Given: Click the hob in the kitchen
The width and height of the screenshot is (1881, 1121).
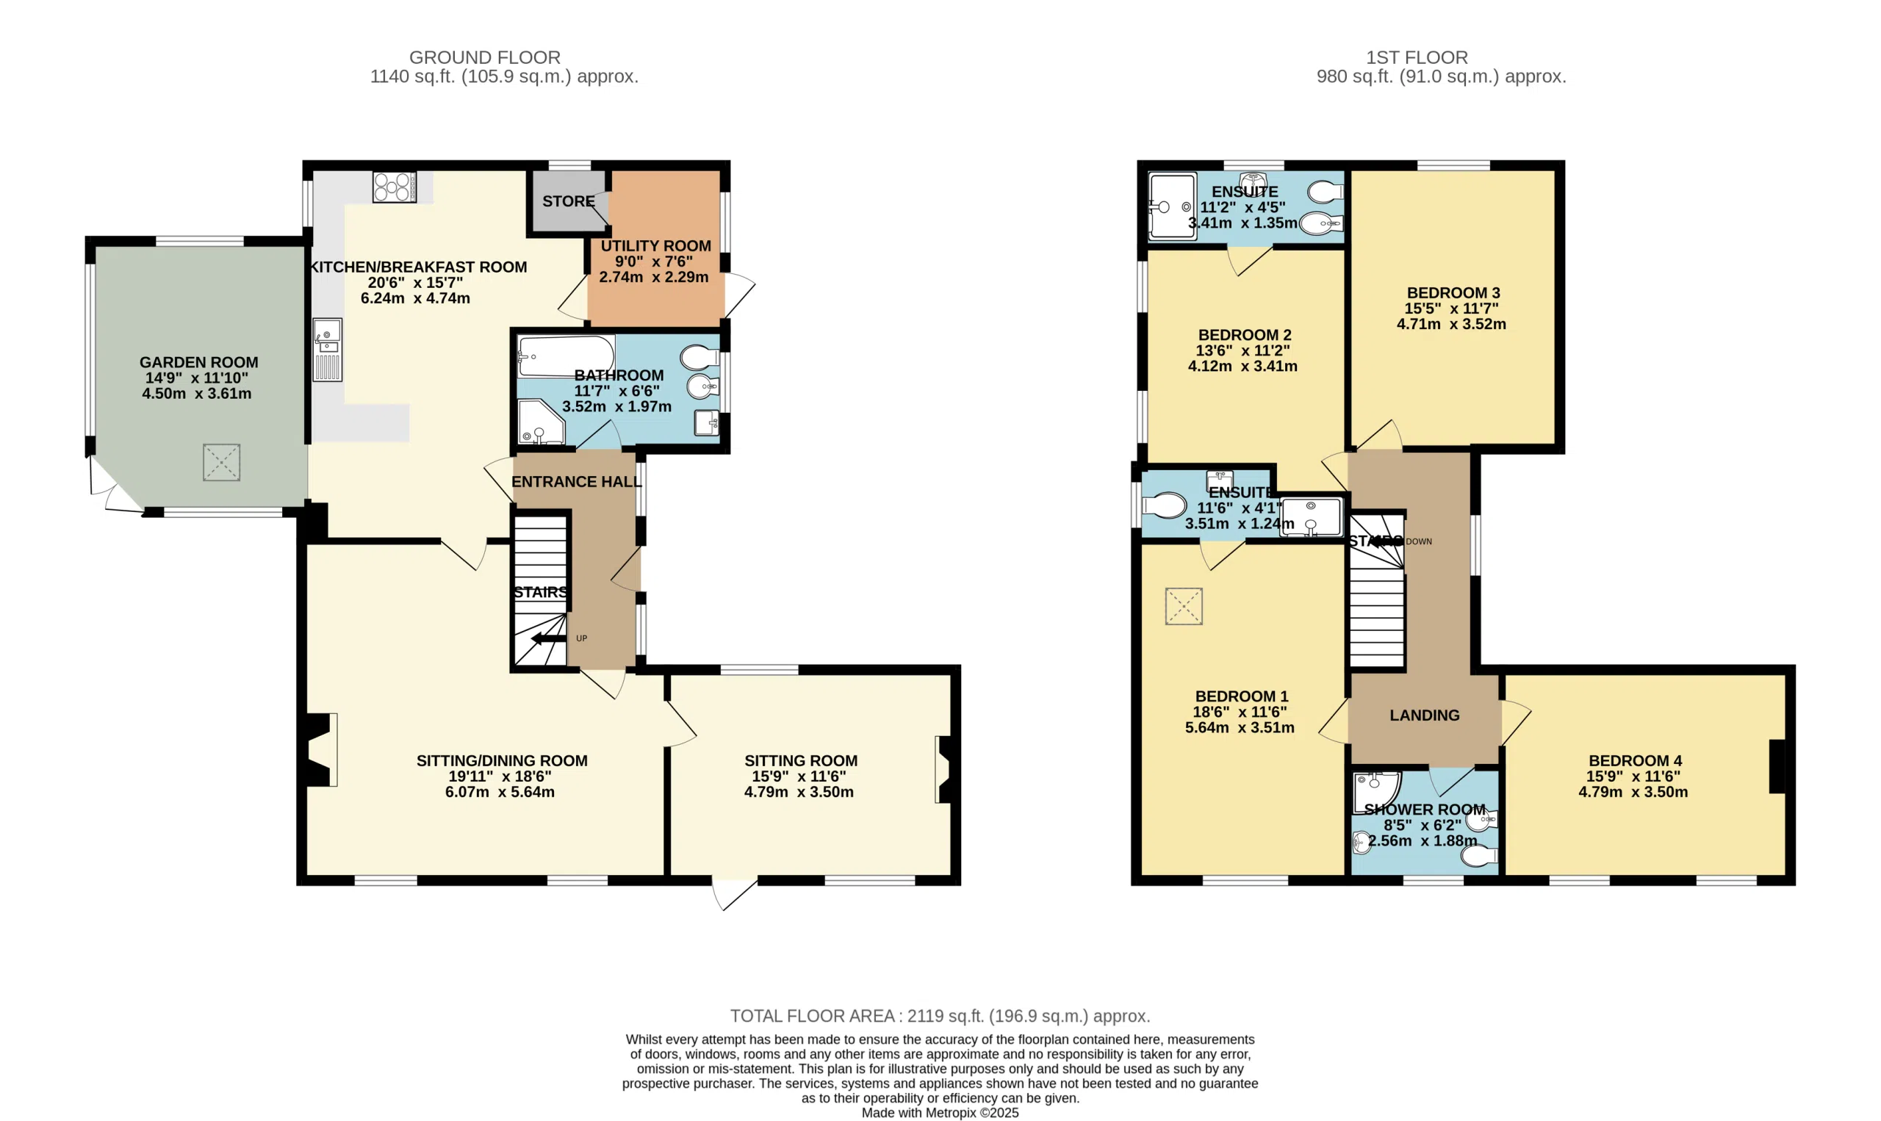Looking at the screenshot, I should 395,187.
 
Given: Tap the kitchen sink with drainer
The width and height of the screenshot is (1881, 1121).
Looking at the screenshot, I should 328,350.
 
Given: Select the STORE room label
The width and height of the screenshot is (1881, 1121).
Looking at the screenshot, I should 568,201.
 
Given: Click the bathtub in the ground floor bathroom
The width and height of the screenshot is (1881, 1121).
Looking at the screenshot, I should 566,356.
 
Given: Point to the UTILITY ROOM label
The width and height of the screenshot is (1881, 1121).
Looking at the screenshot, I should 655,245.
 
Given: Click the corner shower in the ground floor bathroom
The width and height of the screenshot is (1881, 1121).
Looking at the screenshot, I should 540,423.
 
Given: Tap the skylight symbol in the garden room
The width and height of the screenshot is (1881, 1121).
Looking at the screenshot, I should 221,462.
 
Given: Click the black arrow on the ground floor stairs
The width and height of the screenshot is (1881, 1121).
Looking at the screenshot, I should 547,639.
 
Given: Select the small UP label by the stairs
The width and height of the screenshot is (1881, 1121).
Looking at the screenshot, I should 582,638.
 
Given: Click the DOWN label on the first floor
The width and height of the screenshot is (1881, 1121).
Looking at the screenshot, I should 1419,541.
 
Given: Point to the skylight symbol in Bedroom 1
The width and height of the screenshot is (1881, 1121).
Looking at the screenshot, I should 1183,606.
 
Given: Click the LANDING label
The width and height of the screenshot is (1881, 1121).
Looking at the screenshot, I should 1424,716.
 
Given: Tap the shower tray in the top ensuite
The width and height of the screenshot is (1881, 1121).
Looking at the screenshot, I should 1172,207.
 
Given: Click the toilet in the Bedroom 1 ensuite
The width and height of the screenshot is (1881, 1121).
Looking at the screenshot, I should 1164,505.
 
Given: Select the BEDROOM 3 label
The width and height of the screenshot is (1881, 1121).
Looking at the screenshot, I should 1453,292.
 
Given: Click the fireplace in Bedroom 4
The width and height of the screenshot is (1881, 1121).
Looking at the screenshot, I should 1777,767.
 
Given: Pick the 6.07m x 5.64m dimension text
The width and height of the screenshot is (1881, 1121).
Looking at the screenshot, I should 500,792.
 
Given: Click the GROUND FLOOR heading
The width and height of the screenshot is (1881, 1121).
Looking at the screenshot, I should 484,57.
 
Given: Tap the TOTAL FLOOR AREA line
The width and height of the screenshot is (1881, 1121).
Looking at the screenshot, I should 940,1016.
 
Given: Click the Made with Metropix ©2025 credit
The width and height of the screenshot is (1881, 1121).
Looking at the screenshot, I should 940,1113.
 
